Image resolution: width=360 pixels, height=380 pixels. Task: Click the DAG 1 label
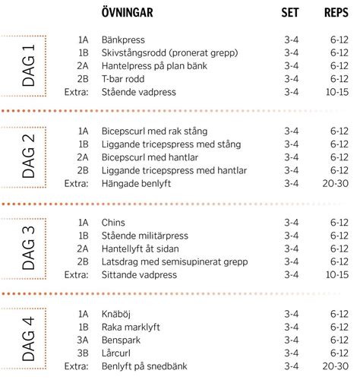pyautogui.click(x=28, y=65)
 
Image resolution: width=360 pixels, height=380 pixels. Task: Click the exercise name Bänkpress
pyautogui.click(x=123, y=39)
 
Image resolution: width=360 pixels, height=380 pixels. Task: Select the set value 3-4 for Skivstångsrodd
pyautogui.click(x=291, y=52)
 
